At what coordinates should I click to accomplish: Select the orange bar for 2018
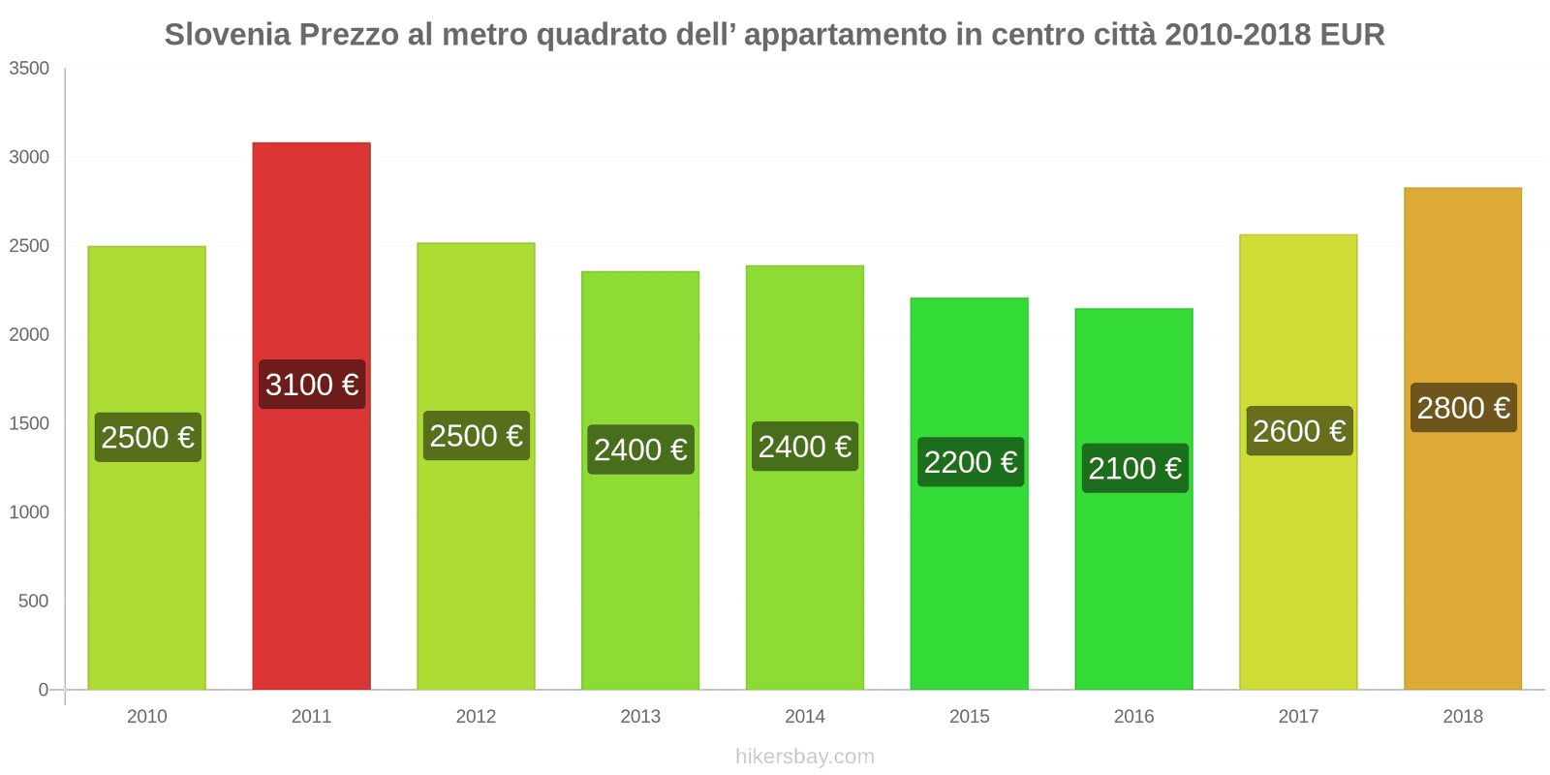tap(1462, 542)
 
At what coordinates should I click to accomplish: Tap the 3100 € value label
tap(312, 385)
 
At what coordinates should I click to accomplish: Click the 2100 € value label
tap(1134, 468)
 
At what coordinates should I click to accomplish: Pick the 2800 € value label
tap(1463, 408)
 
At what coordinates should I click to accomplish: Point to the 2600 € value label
tap(1299, 431)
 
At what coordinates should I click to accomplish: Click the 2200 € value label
tap(970, 462)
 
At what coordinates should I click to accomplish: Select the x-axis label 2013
tap(640, 716)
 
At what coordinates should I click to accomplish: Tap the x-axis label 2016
tap(1133, 716)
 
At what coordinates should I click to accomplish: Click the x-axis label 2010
tap(147, 716)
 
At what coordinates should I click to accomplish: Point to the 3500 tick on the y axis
tap(29, 69)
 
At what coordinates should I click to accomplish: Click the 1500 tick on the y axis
tap(29, 423)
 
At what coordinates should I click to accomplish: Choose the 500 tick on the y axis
tap(34, 601)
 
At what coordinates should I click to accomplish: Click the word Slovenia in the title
tap(228, 35)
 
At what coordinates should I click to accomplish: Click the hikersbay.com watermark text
tap(804, 757)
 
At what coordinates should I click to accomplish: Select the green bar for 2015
tap(969, 581)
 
